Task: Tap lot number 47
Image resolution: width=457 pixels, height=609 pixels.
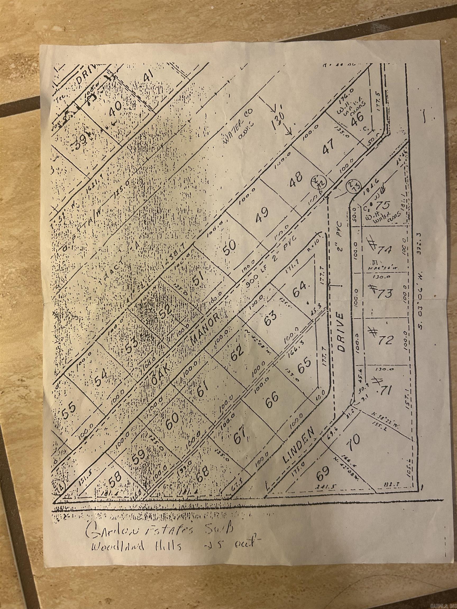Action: pos(330,144)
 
